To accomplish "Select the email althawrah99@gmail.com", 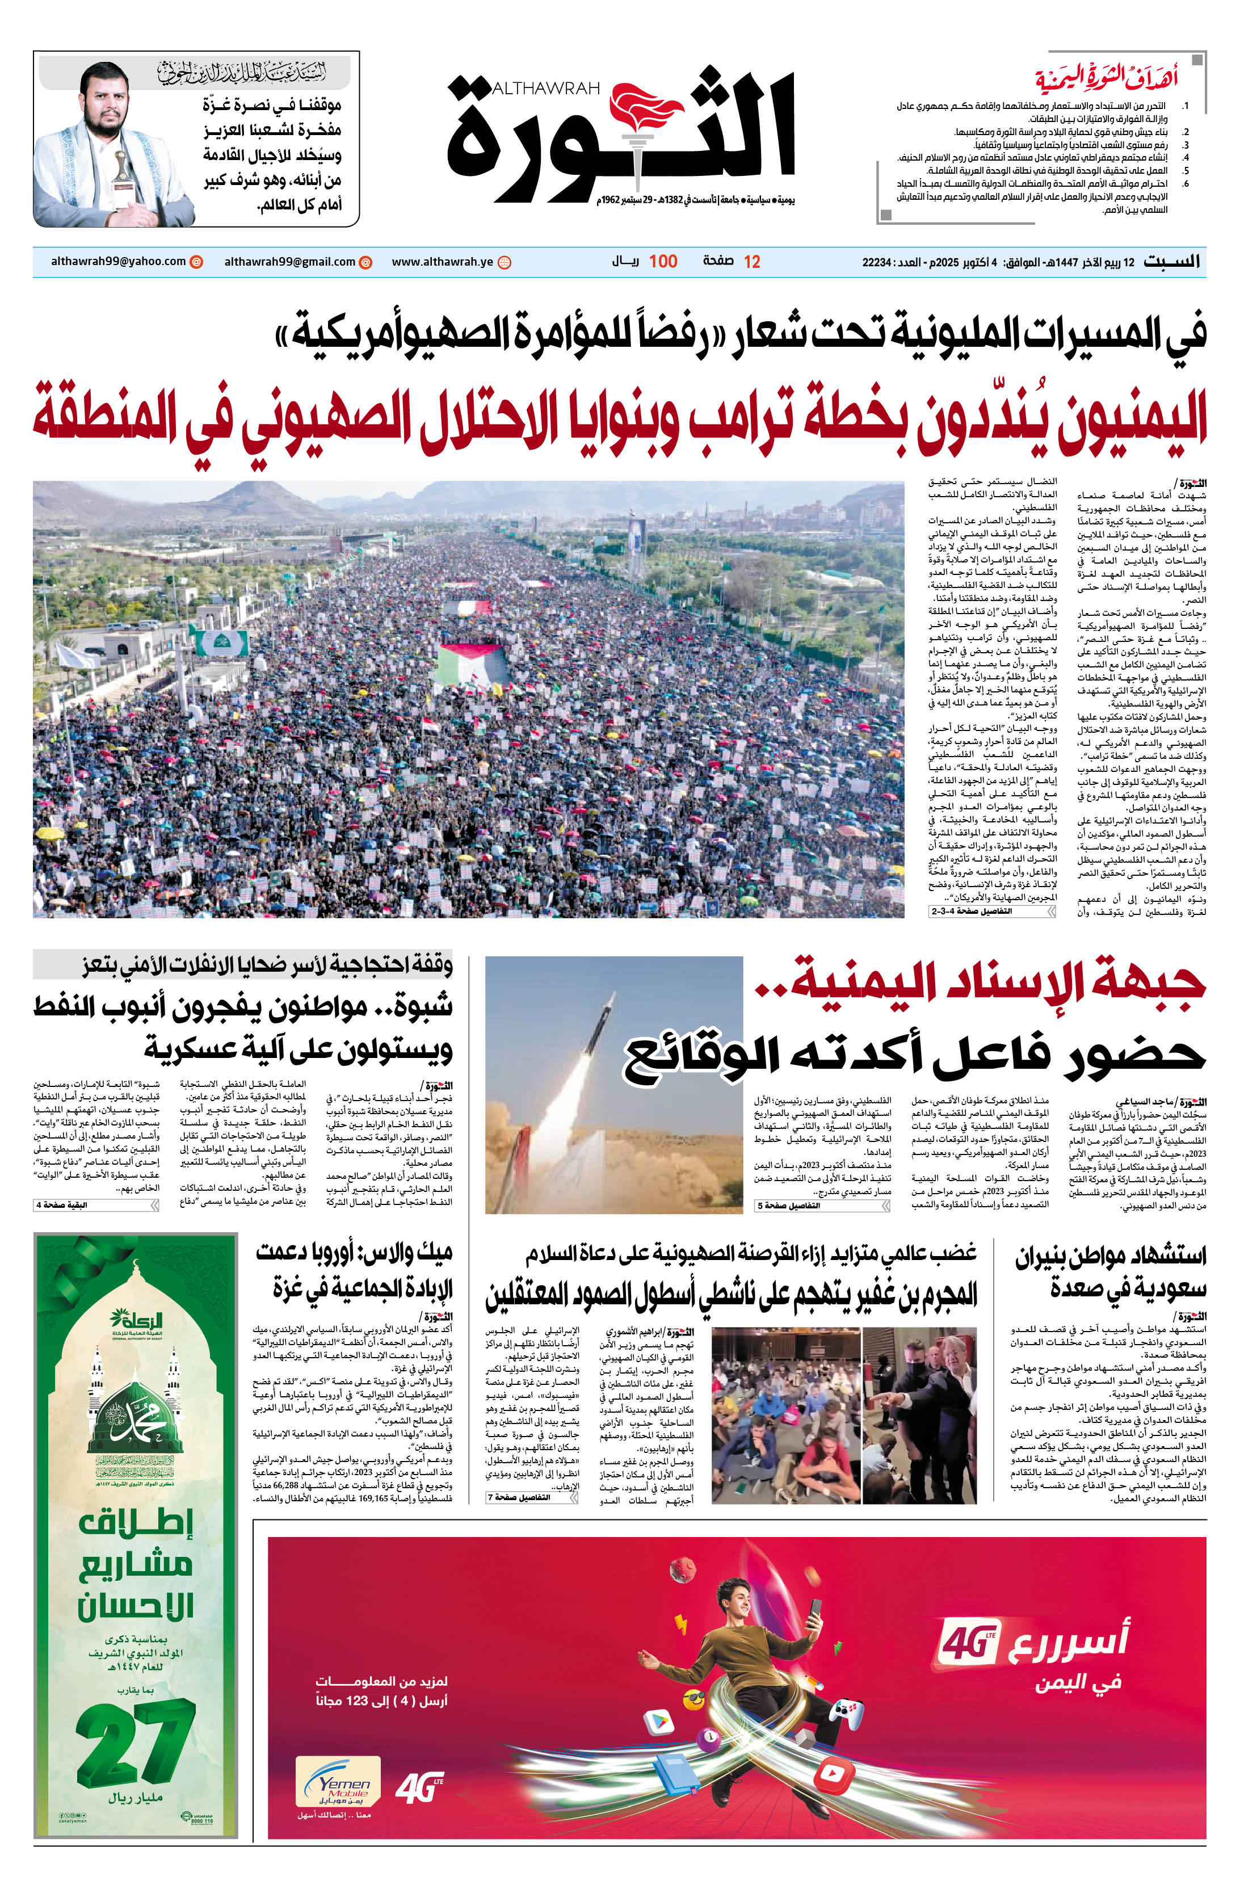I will tap(289, 262).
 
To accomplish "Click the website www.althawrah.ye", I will tap(442, 262).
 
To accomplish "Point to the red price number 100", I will tap(663, 262).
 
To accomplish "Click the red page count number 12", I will tap(751, 262).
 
